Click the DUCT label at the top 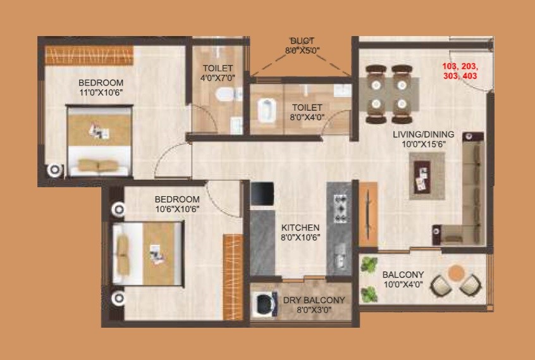302,40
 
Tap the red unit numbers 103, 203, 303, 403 460,71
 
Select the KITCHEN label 300,228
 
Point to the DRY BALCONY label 314,300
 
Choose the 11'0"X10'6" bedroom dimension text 101,92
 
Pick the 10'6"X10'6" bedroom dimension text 178,209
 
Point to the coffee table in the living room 421,177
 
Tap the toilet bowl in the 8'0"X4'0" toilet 266,112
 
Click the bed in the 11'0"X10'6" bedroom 100,140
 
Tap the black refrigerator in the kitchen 262,194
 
